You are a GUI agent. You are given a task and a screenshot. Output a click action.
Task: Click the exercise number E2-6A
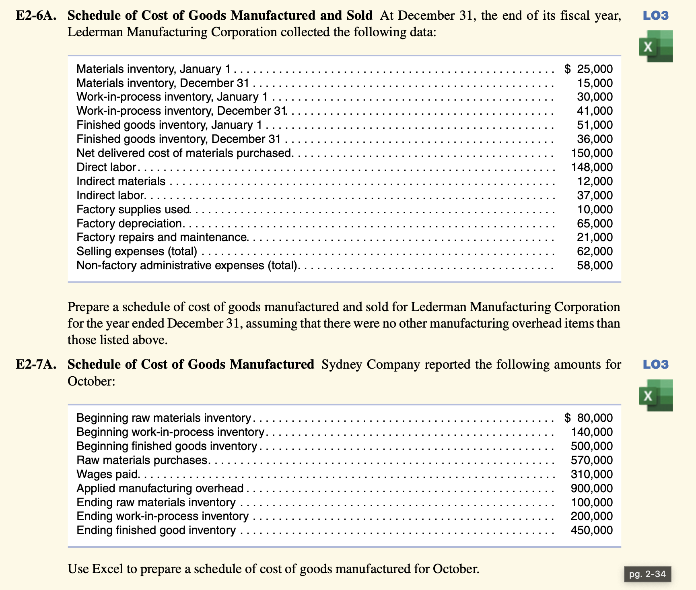[x=35, y=16]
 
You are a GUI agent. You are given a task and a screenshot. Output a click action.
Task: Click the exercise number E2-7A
[x=35, y=365]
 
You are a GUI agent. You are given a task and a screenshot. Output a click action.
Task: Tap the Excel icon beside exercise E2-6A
[x=656, y=46]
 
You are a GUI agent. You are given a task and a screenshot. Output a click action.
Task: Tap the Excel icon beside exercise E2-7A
[x=656, y=395]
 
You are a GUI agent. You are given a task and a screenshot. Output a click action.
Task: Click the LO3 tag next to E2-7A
[x=656, y=365]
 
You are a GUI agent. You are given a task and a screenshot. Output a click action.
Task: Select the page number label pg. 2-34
[x=647, y=574]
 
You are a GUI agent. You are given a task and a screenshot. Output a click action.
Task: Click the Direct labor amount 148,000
[x=592, y=167]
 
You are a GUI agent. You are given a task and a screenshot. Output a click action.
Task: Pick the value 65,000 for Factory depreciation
[x=595, y=224]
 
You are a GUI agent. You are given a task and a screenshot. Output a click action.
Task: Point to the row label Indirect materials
[x=121, y=182]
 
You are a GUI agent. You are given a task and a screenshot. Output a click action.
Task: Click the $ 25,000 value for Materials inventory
[x=589, y=69]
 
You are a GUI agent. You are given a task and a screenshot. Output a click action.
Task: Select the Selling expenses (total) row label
[x=137, y=252]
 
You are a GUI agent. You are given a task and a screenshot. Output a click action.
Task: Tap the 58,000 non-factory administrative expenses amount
[x=595, y=266]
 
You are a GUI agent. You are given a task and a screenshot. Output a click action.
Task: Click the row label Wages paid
[x=108, y=474]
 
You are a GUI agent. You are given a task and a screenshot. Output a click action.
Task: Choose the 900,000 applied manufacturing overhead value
[x=592, y=489]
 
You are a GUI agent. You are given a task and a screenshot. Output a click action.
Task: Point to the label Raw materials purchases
[x=142, y=460]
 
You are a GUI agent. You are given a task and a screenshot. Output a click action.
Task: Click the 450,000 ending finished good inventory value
[x=592, y=530]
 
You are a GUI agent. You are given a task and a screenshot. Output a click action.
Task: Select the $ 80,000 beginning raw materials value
[x=589, y=418]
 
